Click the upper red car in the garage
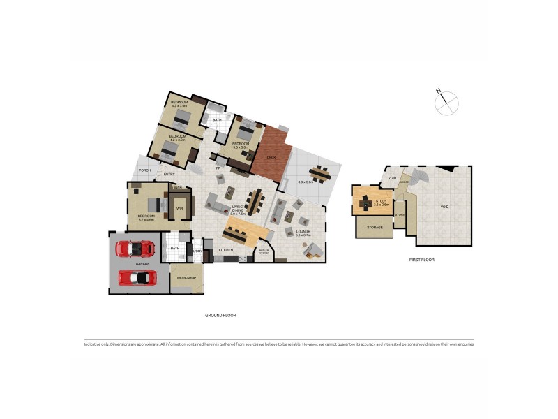coord(135,248)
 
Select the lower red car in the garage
coord(137,277)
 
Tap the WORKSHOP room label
coord(186,278)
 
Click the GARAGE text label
coord(142,264)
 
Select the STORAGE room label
coord(375,227)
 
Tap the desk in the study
coord(365,200)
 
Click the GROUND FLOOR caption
coord(220,315)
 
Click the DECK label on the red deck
coord(271,157)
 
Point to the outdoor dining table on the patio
coord(319,172)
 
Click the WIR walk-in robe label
coord(179,208)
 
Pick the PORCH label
coord(145,170)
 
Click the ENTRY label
coord(169,174)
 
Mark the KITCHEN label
coord(226,249)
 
